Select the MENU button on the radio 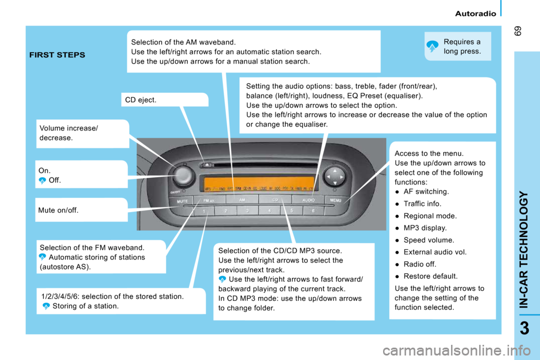(335, 199)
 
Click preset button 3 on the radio (246, 211)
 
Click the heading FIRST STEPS (57, 55)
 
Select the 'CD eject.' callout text (141, 100)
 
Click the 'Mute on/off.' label (58, 210)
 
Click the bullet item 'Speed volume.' (425, 240)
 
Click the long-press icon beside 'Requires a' (432, 47)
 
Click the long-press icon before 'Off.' (42, 181)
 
